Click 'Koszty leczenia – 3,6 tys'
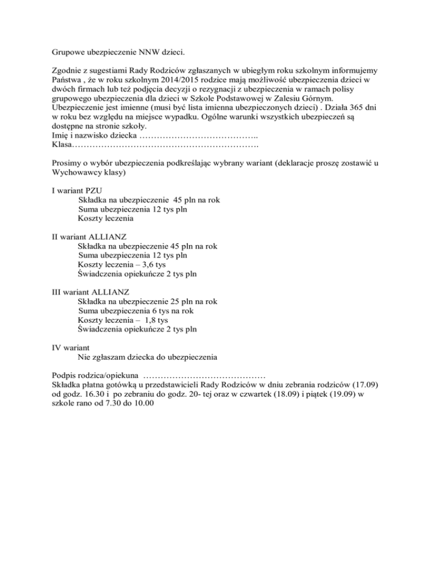[x=121, y=264]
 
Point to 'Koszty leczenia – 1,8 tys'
[x=122, y=319]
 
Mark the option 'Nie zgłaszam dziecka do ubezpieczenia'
[x=147, y=356]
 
